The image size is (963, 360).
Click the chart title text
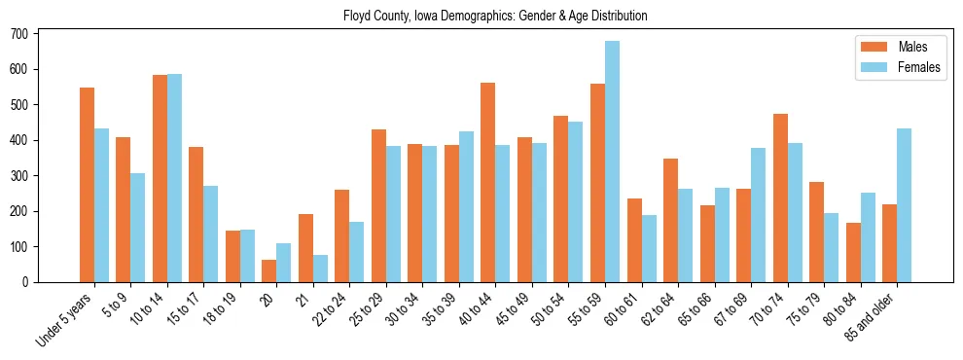(495, 17)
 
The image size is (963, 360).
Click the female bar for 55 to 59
(612, 162)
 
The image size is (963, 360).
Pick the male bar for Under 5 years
(88, 185)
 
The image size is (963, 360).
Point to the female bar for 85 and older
(904, 205)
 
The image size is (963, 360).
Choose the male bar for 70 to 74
(780, 198)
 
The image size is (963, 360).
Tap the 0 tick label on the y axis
(29, 282)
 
